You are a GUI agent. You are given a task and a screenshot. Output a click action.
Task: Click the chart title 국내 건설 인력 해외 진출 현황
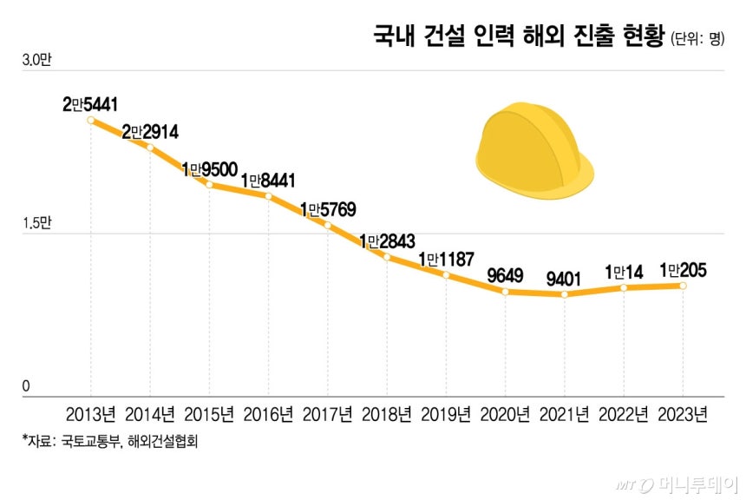(519, 36)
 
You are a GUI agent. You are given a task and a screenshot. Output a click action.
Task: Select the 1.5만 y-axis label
(36, 224)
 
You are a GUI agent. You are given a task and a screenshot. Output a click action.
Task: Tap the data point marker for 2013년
(91, 120)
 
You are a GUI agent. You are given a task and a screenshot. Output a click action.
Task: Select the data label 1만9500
(209, 168)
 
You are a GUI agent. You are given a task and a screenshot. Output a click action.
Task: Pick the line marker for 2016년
(269, 196)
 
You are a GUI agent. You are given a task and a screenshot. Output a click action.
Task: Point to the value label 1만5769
(328, 209)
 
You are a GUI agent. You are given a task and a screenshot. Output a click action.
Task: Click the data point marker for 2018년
(387, 257)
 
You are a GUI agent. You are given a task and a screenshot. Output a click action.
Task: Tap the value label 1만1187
(446, 259)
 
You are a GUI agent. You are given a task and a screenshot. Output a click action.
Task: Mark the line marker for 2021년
(565, 295)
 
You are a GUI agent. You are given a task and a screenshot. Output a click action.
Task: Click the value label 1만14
(624, 272)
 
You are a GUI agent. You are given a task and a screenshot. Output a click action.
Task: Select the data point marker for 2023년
(683, 286)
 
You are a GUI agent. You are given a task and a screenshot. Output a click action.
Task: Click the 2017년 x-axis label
(328, 414)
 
